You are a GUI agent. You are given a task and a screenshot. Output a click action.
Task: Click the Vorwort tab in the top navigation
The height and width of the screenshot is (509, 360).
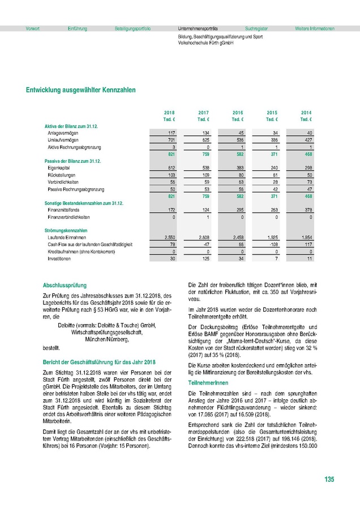click(32, 28)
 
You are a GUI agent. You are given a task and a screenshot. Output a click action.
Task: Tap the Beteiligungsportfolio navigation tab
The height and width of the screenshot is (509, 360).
click(132, 28)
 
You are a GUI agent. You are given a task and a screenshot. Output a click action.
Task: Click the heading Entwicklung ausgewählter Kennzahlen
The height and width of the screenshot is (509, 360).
click(81, 89)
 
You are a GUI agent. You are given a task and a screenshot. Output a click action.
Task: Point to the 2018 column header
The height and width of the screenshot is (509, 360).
click(169, 113)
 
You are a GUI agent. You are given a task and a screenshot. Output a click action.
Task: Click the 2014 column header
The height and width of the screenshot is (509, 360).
click(306, 113)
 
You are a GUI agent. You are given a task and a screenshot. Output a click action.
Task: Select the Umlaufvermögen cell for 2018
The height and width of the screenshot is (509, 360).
click(169, 140)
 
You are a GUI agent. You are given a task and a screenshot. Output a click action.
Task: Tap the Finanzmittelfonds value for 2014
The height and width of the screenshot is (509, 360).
click(306, 210)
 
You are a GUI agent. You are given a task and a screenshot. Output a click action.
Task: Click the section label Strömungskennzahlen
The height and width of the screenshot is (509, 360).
click(66, 230)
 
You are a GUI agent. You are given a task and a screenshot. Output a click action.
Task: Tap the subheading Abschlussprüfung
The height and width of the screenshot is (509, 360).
click(65, 285)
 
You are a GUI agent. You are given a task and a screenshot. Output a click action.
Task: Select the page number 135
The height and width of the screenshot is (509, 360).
click(329, 480)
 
